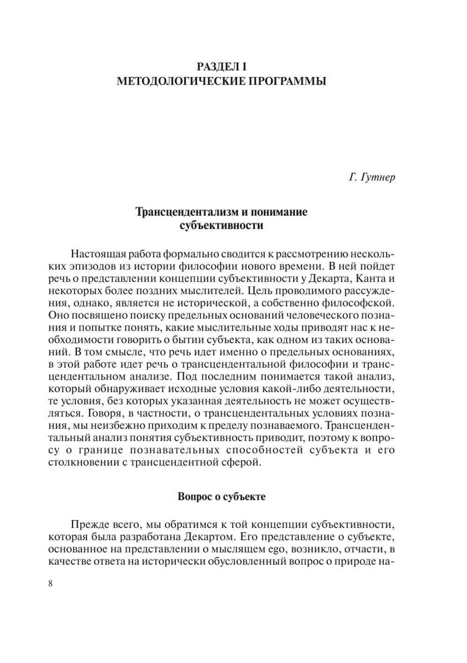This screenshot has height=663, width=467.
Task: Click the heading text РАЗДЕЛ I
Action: (221, 66)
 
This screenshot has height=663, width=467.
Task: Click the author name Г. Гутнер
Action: (372, 178)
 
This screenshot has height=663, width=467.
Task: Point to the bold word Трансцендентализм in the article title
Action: (186, 212)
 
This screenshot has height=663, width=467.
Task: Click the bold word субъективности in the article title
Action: (221, 226)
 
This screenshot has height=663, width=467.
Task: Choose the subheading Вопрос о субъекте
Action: (221, 497)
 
